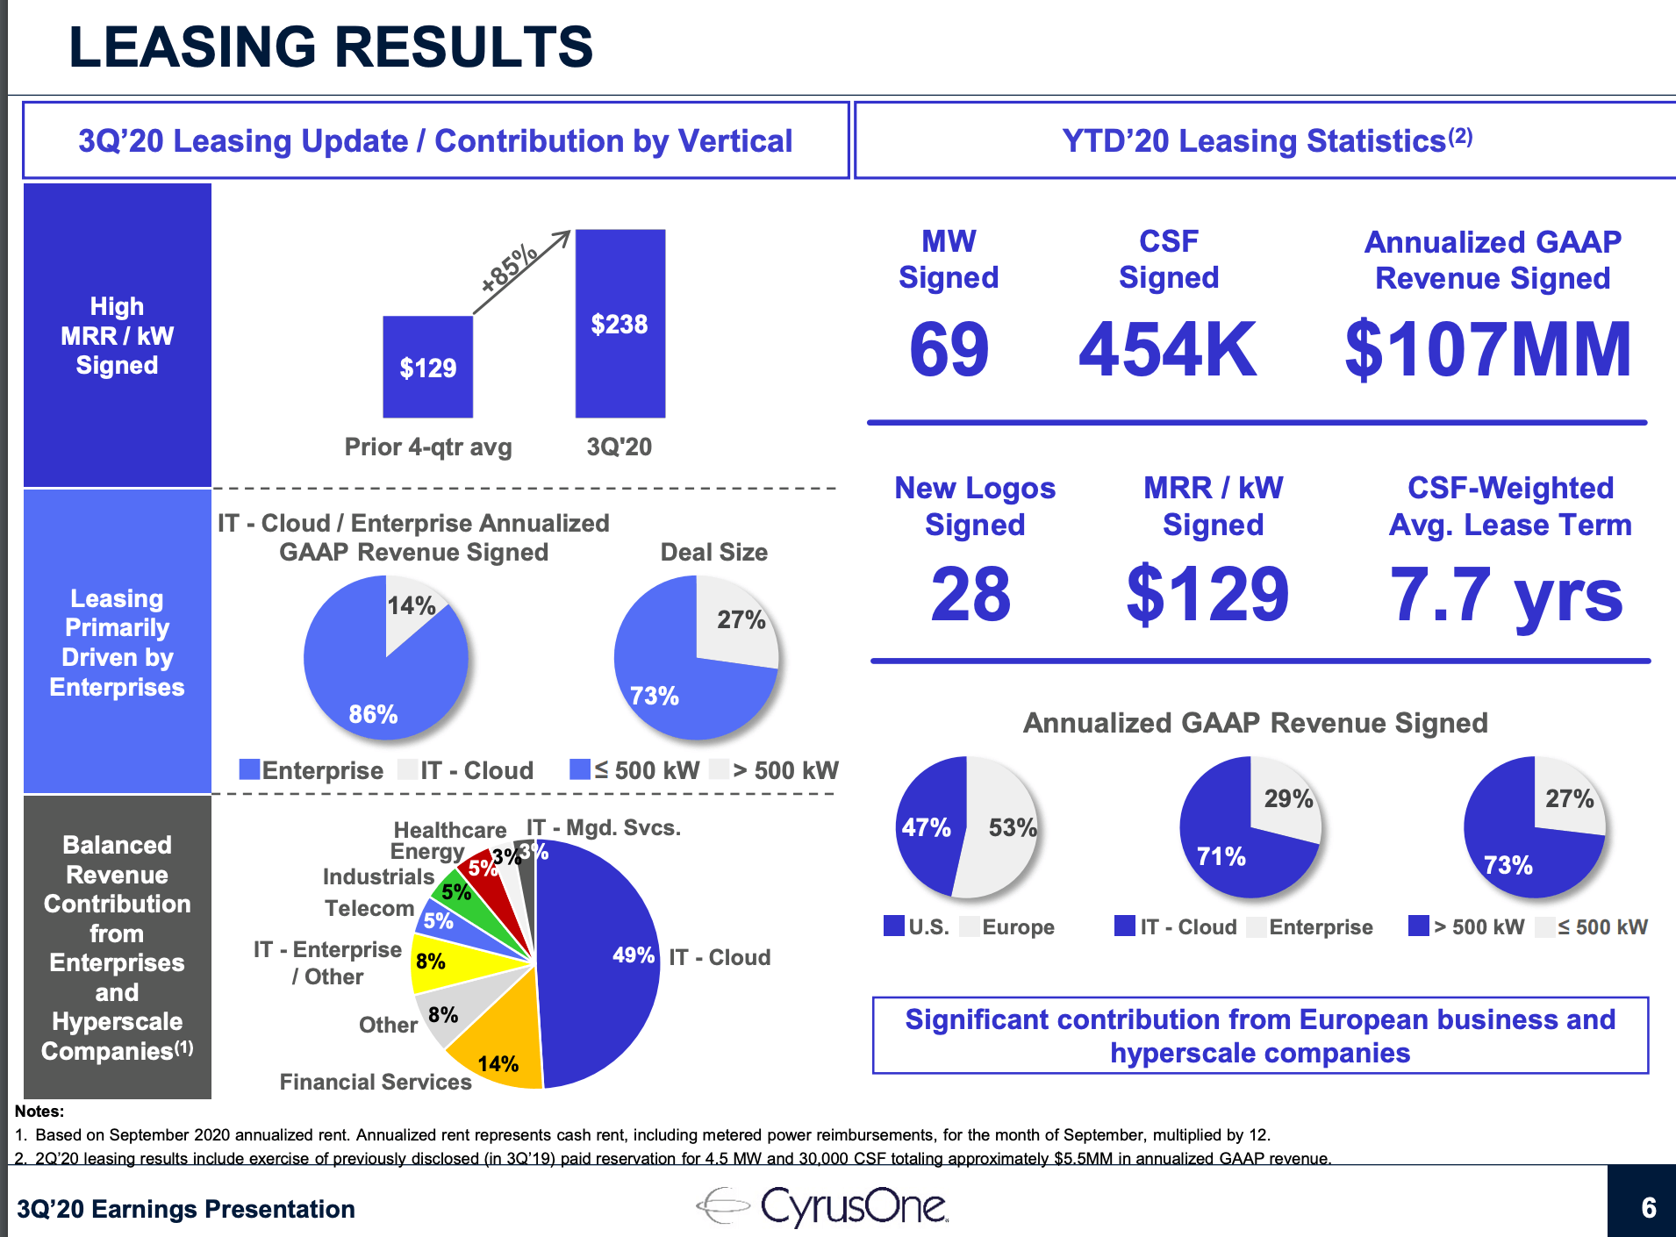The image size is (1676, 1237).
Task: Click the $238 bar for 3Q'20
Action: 620,324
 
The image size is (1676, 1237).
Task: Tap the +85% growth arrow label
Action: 510,268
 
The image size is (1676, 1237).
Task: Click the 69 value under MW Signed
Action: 949,349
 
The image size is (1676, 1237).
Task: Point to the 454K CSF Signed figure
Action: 1167,349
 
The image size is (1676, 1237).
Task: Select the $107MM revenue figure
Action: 1488,349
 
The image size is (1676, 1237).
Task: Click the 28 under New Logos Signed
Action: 971,594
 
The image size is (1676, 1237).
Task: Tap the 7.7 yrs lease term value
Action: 1506,594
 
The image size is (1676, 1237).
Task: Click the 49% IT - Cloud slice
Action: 605,956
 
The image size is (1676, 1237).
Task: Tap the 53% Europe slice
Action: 1005,828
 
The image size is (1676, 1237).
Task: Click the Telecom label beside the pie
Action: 369,908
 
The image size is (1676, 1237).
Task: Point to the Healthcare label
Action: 450,830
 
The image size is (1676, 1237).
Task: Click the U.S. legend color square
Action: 894,926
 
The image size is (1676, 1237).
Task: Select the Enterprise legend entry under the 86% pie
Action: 312,770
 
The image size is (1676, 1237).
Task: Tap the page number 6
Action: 1649,1208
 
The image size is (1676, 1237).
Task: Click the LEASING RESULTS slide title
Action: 331,46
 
